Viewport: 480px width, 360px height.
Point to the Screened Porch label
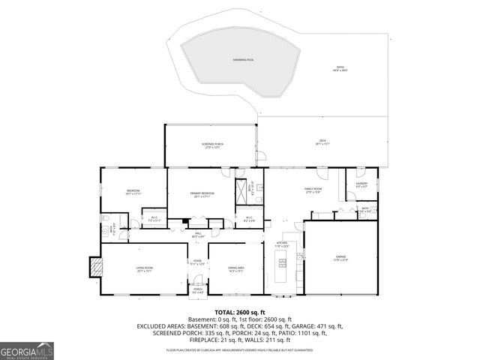point(212,145)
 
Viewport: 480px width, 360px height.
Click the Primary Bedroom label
point(202,194)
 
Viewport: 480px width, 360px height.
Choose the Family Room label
point(313,190)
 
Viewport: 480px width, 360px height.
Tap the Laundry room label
point(361,184)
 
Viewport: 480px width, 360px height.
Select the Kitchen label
point(282,244)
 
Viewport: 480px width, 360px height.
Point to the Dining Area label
point(236,268)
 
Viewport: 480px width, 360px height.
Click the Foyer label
point(197,262)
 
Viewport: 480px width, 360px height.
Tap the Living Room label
point(144,268)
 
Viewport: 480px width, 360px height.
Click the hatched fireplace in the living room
point(95,266)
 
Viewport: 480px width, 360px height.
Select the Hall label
point(199,235)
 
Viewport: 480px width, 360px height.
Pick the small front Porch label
point(198,290)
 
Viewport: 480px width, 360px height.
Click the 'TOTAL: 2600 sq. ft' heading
point(240,312)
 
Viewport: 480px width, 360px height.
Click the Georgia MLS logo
point(27,350)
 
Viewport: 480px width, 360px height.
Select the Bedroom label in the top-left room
point(133,193)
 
